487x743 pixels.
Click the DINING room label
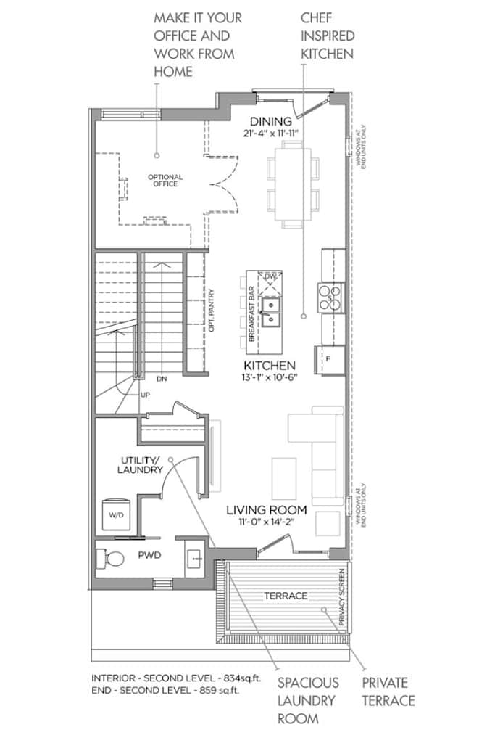point(271,122)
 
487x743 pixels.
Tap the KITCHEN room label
point(270,366)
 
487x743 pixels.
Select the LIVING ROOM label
point(267,510)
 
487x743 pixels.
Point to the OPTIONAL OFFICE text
point(165,181)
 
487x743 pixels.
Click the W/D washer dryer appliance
point(116,514)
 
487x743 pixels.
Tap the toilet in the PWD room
point(110,559)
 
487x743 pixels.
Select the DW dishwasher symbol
point(270,283)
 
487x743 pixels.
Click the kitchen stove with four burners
point(330,297)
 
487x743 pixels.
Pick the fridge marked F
point(330,360)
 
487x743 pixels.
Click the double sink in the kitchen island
point(271,312)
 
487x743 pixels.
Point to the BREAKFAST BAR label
point(251,314)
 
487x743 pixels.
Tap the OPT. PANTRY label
point(212,311)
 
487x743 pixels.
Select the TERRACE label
point(286,596)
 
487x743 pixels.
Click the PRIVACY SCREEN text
point(342,597)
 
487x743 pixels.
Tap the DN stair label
point(162,379)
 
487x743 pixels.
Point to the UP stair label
point(146,395)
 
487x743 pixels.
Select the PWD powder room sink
point(194,559)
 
